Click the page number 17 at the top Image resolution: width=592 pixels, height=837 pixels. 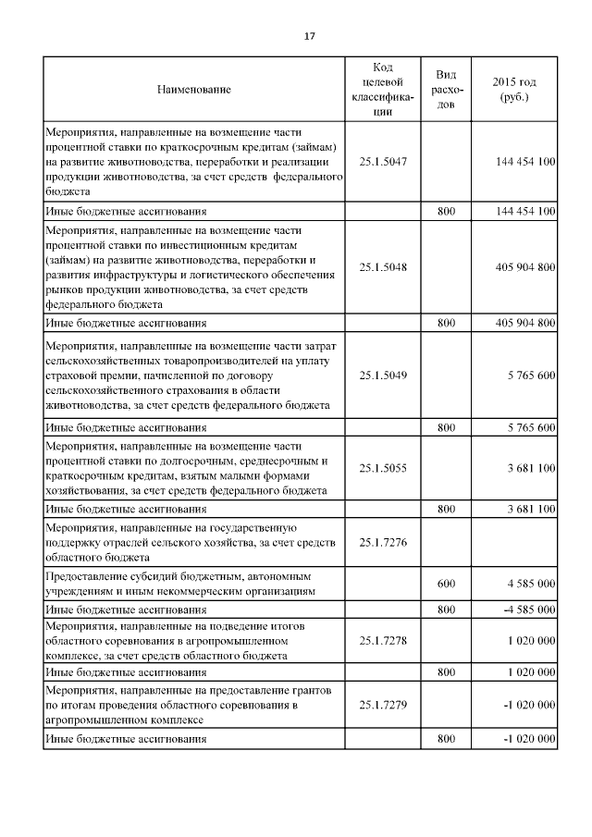tap(310, 37)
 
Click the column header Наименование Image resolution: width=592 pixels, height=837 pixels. tap(193, 90)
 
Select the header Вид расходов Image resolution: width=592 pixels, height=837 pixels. tap(446, 90)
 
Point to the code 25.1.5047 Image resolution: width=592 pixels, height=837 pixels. tap(383, 161)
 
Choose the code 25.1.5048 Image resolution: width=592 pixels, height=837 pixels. tap(383, 266)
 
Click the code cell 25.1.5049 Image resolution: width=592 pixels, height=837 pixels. tap(383, 375)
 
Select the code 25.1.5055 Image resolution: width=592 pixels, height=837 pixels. tap(383, 469)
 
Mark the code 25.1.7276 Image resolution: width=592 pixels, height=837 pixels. tap(383, 541)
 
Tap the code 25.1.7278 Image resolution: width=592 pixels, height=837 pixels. tap(383, 639)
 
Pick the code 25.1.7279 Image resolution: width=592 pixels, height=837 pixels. tap(383, 704)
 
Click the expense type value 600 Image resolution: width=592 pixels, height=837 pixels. tap(446, 585)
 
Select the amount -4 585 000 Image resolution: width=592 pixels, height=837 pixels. tap(524, 610)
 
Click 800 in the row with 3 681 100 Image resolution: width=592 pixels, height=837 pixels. tap(446, 509)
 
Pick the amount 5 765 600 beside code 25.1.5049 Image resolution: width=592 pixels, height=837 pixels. tap(531, 375)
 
